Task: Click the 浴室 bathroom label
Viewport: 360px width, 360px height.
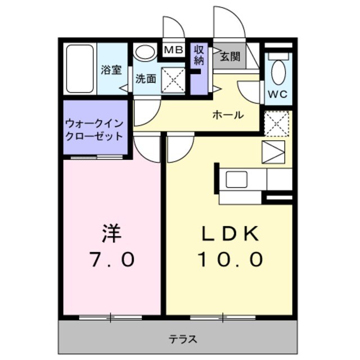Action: (x=111, y=70)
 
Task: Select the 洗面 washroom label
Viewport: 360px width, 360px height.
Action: (x=145, y=79)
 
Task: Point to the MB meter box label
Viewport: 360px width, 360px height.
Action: (x=173, y=50)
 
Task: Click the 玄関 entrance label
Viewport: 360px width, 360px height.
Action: (x=229, y=56)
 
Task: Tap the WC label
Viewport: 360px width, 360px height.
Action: (x=277, y=94)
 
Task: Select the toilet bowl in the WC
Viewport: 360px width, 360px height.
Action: (x=278, y=71)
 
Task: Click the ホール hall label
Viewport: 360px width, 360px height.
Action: (x=227, y=115)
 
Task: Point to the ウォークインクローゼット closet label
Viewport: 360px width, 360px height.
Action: (x=94, y=129)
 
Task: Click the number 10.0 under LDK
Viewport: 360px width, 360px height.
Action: (x=229, y=259)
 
